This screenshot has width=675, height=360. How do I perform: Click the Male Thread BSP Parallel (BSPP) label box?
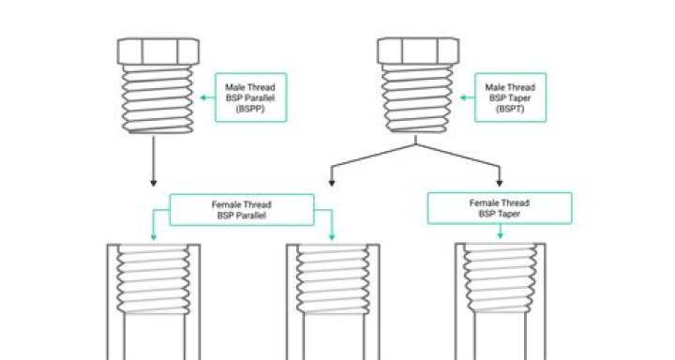coord(249,98)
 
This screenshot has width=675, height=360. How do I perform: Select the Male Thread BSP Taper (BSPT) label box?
coord(509,98)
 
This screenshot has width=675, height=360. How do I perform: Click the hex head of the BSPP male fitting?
coord(156,51)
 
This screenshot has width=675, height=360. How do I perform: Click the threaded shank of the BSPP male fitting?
coord(156,98)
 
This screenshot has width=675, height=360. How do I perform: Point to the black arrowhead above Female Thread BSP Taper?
coord(499,182)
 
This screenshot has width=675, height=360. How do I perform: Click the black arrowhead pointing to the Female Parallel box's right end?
coord(331,182)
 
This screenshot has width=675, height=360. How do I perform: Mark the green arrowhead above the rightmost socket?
coord(499,234)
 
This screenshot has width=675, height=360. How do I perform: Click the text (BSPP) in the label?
coord(249,110)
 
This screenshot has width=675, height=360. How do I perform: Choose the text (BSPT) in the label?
coord(509,110)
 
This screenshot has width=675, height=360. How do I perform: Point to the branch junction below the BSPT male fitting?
coord(415,146)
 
